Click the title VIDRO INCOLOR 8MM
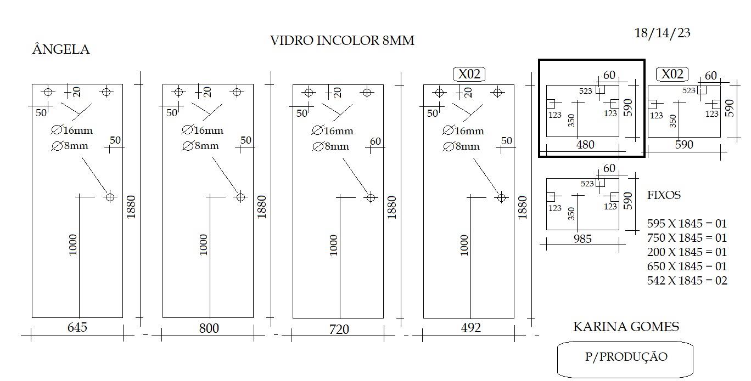point(342,41)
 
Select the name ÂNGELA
point(61,49)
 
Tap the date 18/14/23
point(662,33)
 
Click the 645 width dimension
point(77,327)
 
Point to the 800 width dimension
point(209,328)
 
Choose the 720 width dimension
point(339,329)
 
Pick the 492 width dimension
point(470,327)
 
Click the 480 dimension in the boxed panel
point(585,145)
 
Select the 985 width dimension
point(582,238)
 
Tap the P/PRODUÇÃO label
point(626,357)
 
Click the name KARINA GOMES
point(626,326)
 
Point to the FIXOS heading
point(664,195)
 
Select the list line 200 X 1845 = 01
point(687,252)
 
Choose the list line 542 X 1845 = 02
point(687,280)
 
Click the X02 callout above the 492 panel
point(469,74)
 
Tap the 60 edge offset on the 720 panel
point(375,141)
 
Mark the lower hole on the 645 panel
point(110,197)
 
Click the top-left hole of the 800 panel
point(178,92)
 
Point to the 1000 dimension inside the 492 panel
point(464,245)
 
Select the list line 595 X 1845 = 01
point(687,223)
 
